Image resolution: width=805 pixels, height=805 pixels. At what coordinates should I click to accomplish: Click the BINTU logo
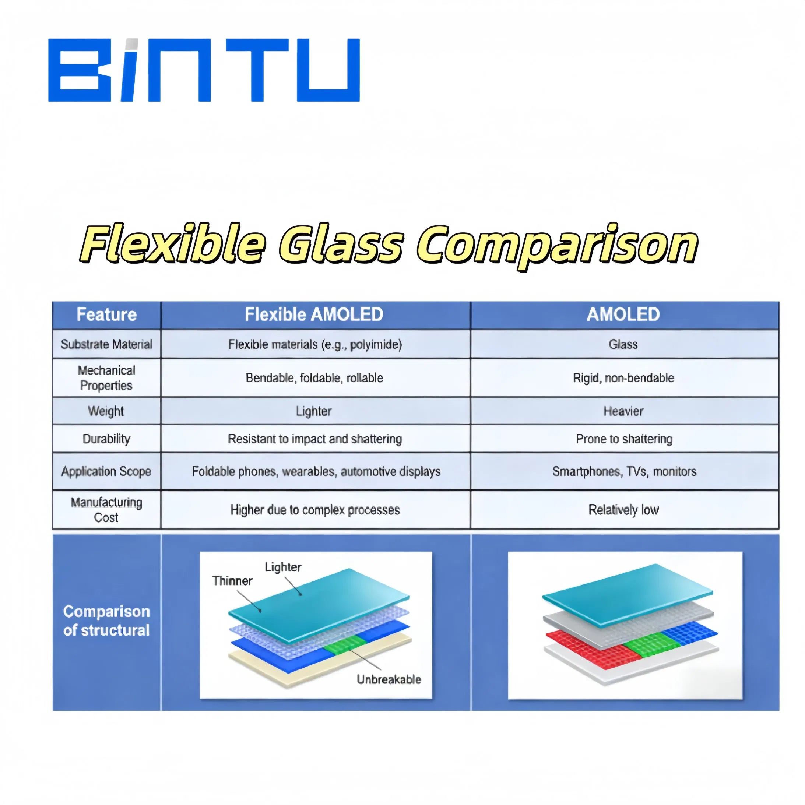(x=204, y=70)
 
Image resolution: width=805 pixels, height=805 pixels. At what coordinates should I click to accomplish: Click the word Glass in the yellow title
(x=341, y=245)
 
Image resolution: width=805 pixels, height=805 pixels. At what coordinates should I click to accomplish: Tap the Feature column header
(x=106, y=314)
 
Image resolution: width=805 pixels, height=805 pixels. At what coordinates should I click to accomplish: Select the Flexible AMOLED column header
(x=314, y=314)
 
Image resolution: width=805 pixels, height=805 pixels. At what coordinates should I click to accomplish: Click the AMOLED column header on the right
(x=623, y=314)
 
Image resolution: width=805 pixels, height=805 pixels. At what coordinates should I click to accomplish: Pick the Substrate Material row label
(x=106, y=344)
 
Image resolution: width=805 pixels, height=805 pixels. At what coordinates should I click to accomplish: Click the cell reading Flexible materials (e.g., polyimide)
(x=315, y=345)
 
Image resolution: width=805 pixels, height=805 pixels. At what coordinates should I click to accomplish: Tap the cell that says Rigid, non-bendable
(x=623, y=378)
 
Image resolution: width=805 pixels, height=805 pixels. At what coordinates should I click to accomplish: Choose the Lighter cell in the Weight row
(x=314, y=411)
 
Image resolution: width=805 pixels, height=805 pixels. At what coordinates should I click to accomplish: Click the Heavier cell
(x=623, y=411)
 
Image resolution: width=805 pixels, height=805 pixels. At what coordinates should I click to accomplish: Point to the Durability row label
(x=106, y=439)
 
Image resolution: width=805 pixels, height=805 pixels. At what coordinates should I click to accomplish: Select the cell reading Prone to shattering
(x=624, y=439)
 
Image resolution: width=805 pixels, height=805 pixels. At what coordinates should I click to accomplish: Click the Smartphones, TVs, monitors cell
(x=624, y=471)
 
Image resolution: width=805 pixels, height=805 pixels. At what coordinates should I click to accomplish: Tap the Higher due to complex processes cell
(x=315, y=510)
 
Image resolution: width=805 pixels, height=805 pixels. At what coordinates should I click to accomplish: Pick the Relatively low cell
(x=623, y=510)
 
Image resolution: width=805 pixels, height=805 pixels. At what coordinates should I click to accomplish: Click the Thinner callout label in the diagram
(x=232, y=581)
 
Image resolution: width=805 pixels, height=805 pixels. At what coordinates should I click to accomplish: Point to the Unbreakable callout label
(x=389, y=679)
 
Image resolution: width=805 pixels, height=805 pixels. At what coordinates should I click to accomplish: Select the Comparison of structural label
(x=106, y=621)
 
